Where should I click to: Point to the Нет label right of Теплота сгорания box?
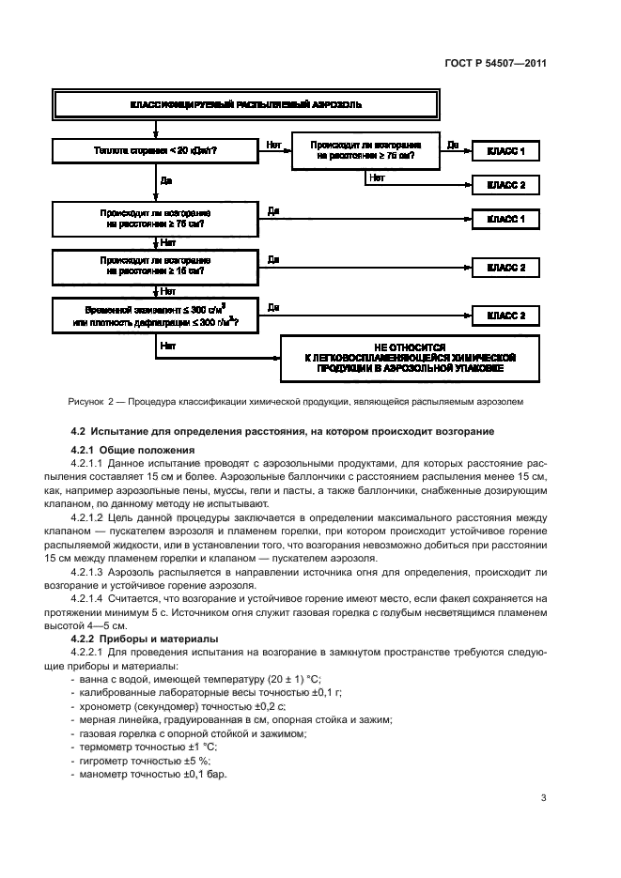[x=273, y=145]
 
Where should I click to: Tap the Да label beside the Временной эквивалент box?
[x=273, y=307]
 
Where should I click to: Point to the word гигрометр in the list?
[x=106, y=761]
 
